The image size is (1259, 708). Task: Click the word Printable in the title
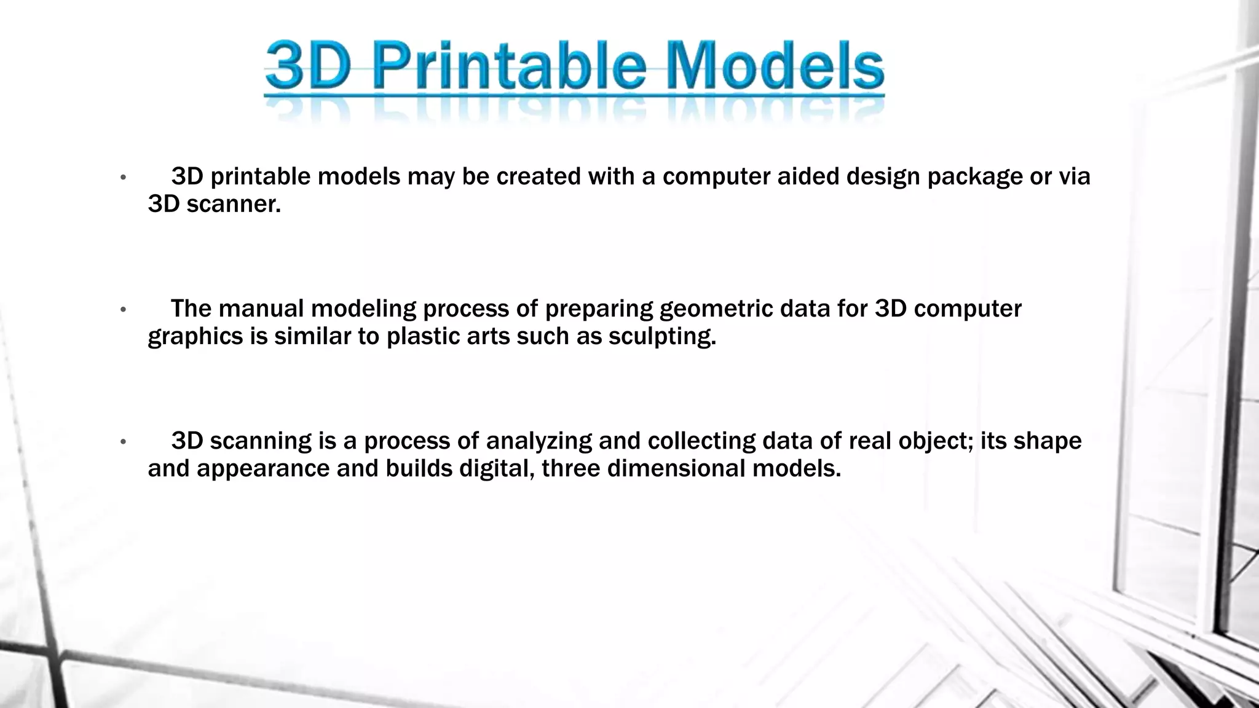(509, 66)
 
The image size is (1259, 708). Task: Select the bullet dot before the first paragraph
(123, 178)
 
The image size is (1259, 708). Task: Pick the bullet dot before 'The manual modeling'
(123, 310)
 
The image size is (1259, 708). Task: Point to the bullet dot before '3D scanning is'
(123, 442)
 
